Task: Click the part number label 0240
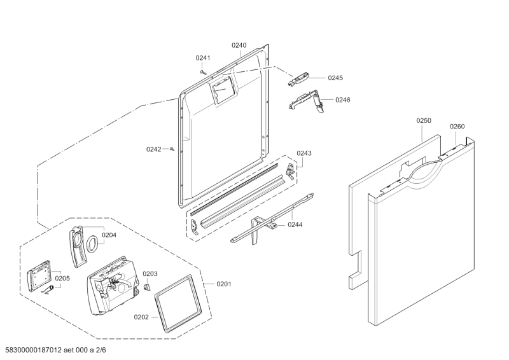(x=239, y=45)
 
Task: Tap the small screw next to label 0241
(x=203, y=72)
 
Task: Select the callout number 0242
(x=153, y=149)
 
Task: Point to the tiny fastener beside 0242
(x=172, y=149)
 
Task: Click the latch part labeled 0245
(x=298, y=80)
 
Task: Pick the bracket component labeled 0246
(x=306, y=101)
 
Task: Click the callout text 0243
(x=304, y=153)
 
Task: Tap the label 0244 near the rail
(x=295, y=225)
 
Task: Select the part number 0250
(x=424, y=121)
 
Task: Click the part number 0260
(x=457, y=127)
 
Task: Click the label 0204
(x=109, y=235)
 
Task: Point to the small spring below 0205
(x=48, y=290)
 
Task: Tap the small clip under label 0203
(x=148, y=287)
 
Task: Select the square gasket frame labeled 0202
(x=178, y=303)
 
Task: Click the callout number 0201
(x=224, y=284)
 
